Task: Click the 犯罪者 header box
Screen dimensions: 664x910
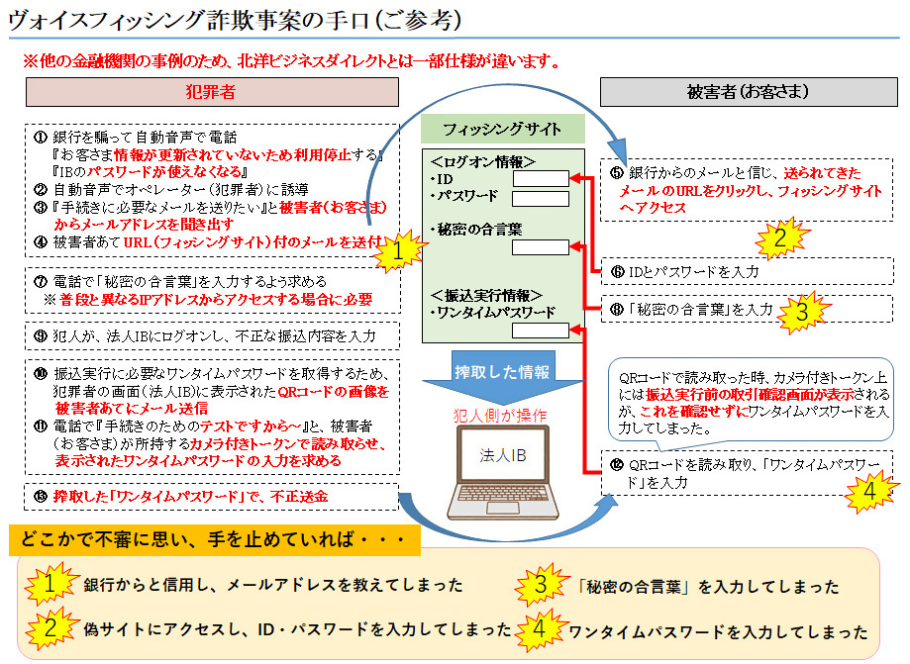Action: pos(211,91)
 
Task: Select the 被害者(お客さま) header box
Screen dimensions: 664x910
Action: pos(749,91)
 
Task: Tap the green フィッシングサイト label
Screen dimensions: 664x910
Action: pos(502,129)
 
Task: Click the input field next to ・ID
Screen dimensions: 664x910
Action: pos(541,179)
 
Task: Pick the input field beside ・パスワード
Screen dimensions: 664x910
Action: pos(541,198)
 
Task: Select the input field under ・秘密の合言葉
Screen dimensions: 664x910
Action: pos(541,248)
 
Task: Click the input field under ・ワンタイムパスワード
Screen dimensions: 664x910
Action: pos(541,331)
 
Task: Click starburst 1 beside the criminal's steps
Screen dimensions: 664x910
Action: pos(396,253)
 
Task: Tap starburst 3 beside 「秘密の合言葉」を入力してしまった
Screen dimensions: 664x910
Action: pos(541,585)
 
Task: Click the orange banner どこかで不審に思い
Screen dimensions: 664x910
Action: pos(213,539)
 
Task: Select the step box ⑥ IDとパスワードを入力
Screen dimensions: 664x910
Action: pos(748,269)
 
